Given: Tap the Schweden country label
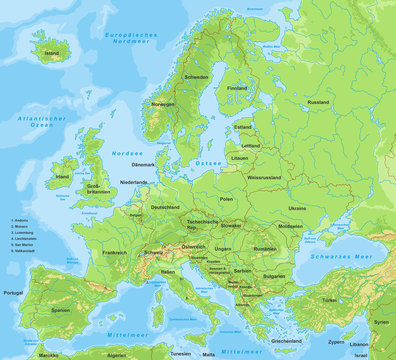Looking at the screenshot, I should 196,77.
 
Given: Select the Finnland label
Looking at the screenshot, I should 237,87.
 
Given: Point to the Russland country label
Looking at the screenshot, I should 318,102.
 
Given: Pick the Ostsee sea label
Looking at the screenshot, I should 206,161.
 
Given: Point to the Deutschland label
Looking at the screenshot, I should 165,207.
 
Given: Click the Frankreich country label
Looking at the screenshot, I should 114,253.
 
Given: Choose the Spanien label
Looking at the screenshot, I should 61,310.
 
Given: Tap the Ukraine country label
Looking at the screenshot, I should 297,208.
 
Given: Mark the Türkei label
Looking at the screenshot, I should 329,300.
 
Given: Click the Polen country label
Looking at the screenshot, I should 226,199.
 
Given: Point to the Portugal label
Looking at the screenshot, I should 13,293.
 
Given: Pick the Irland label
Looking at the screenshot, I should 63,177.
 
